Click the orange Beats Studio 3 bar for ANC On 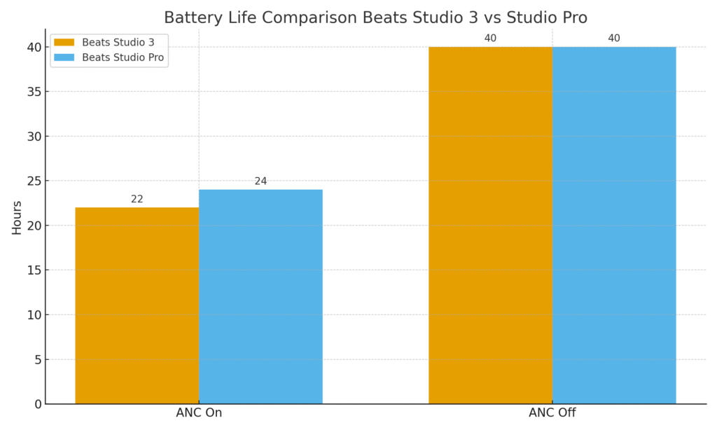coord(137,305)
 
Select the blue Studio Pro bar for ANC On coord(260,296)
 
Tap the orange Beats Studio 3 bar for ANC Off coord(490,225)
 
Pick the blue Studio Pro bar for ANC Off coord(614,225)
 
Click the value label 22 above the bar coord(137,200)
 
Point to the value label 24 coord(260,181)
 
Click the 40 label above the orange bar coord(490,39)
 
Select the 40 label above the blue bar coord(614,39)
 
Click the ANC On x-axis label coord(199,413)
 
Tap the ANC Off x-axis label coord(552,413)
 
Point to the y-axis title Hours coord(17,217)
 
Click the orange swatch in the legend coord(64,42)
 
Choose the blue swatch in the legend coord(64,57)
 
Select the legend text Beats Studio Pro coord(123,57)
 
